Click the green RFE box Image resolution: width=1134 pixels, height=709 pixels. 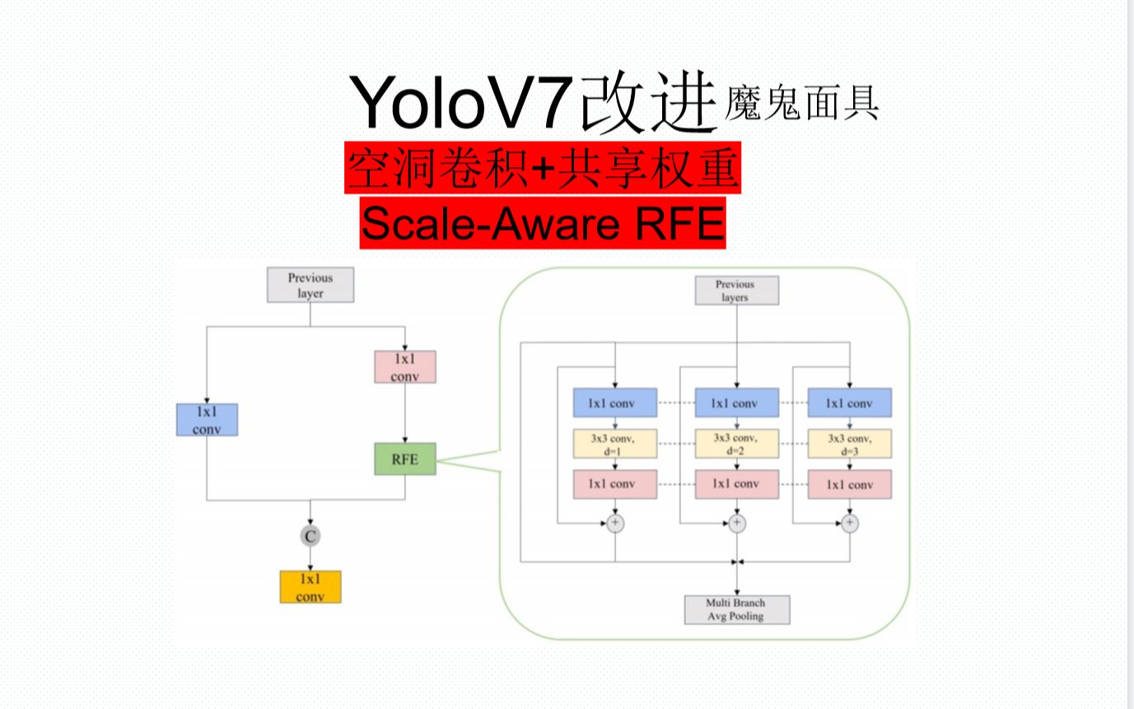pos(404,459)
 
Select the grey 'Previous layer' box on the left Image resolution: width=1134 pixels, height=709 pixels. pos(310,285)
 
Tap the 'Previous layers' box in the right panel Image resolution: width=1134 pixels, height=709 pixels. pos(735,291)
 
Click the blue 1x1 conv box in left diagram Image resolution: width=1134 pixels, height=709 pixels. pos(207,419)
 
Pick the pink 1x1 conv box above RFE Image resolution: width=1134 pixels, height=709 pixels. pos(404,367)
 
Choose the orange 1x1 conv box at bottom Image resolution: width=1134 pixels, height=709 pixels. pos(310,586)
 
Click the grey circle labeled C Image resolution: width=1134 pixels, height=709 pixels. pos(310,536)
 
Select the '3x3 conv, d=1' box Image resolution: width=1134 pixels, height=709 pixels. pos(614,444)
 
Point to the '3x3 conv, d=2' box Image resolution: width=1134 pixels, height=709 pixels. pos(736,444)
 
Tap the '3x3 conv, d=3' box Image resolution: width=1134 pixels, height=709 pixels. pos(849,444)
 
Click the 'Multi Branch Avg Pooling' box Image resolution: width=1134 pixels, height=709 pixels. pos(736,609)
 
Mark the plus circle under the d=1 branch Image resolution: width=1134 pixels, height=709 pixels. pos(615,523)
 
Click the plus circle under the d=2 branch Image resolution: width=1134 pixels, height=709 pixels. pos(736,523)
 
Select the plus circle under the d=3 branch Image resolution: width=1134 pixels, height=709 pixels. pos(849,523)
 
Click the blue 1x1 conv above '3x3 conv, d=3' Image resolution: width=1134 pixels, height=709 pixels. pos(849,403)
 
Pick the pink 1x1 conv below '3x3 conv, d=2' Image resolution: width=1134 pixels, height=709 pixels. pos(736,483)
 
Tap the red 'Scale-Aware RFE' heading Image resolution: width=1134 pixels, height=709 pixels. pos(543,222)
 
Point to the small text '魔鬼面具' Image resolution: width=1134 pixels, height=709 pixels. pos(800,105)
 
